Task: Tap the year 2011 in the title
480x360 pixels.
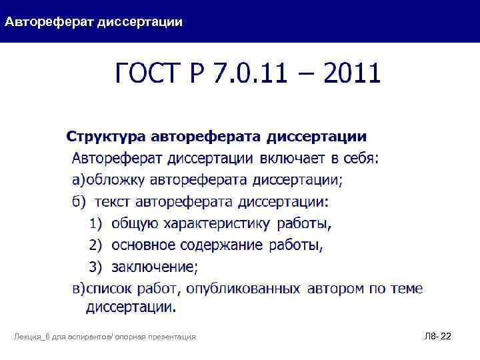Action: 351,73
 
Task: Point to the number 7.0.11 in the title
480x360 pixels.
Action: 254,73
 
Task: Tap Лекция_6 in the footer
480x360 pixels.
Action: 32,338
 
